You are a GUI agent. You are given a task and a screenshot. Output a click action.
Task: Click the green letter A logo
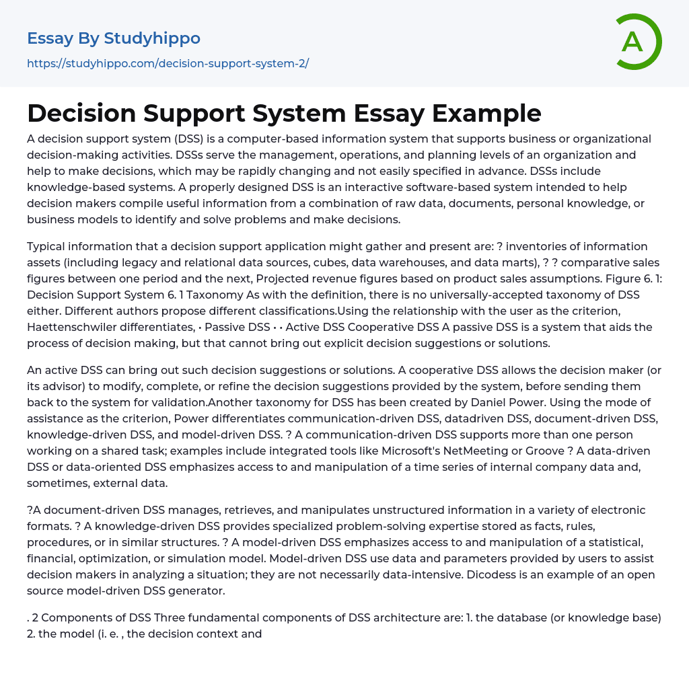coord(635,42)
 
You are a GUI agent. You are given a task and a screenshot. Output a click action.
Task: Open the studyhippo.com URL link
coord(168,63)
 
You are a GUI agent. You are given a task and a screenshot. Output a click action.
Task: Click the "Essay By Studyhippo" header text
coord(114,38)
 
